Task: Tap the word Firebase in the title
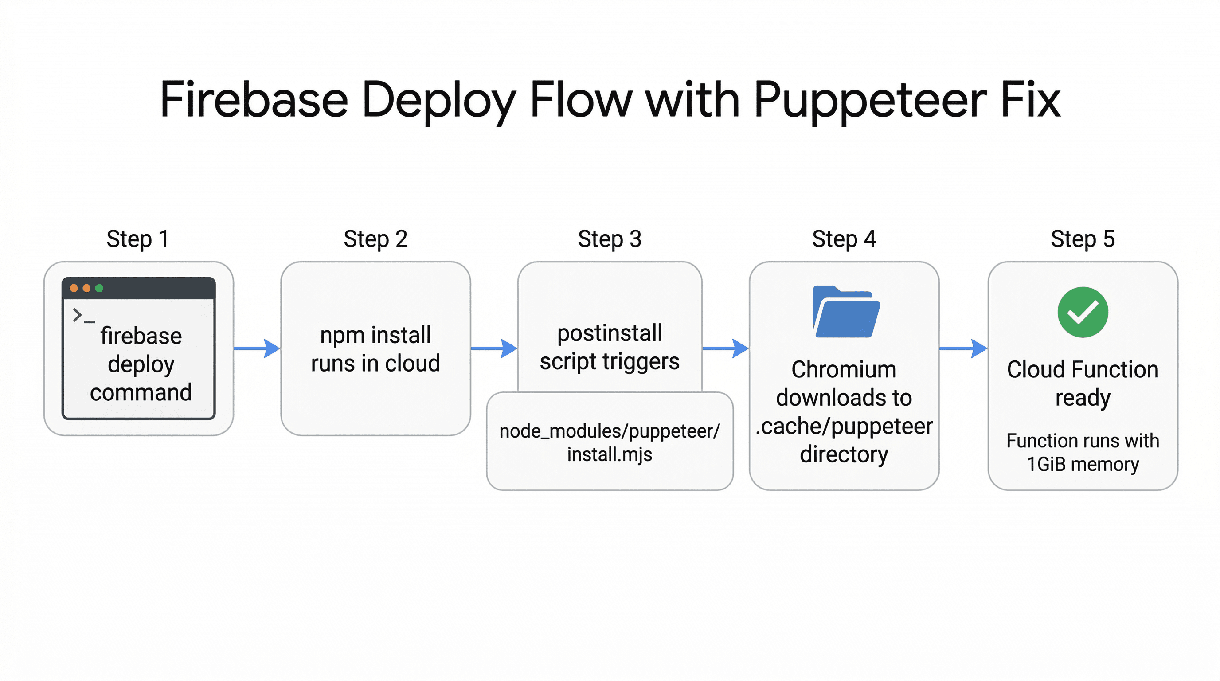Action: click(x=254, y=100)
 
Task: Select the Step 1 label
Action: click(x=137, y=239)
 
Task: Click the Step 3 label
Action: click(x=610, y=239)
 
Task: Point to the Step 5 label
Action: click(x=1083, y=239)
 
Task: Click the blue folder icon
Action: click(x=846, y=313)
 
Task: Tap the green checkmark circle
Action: click(x=1083, y=312)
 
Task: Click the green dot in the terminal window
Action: click(x=99, y=288)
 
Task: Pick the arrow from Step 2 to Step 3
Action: click(x=494, y=348)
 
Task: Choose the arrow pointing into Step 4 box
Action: click(x=726, y=348)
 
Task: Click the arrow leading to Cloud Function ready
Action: click(x=963, y=348)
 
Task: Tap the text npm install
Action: click(x=375, y=335)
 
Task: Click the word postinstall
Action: click(x=610, y=333)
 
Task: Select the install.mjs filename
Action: click(x=610, y=454)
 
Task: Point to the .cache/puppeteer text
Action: click(x=844, y=426)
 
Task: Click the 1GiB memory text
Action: click(x=1083, y=464)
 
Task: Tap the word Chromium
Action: click(x=844, y=369)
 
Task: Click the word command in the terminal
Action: click(x=141, y=392)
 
